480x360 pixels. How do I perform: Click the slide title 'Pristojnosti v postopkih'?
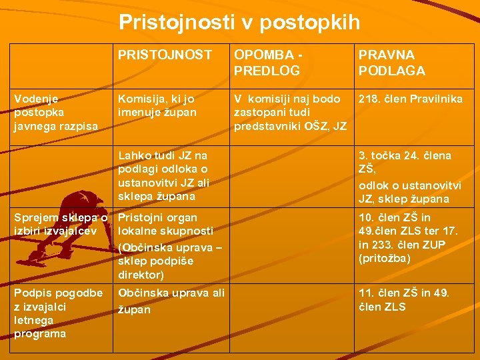point(239,23)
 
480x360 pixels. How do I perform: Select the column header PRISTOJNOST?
point(165,55)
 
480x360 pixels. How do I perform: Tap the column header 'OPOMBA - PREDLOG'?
point(267,62)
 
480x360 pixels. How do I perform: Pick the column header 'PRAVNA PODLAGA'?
point(391,62)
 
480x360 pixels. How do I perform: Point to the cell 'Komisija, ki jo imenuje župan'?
point(157,105)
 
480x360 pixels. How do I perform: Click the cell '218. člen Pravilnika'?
point(410,99)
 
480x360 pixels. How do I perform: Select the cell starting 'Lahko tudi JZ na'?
point(163,176)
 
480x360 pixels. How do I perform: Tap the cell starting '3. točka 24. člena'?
point(405,177)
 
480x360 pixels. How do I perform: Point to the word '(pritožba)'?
point(385,258)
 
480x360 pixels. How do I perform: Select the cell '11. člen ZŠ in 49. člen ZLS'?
point(404,299)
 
